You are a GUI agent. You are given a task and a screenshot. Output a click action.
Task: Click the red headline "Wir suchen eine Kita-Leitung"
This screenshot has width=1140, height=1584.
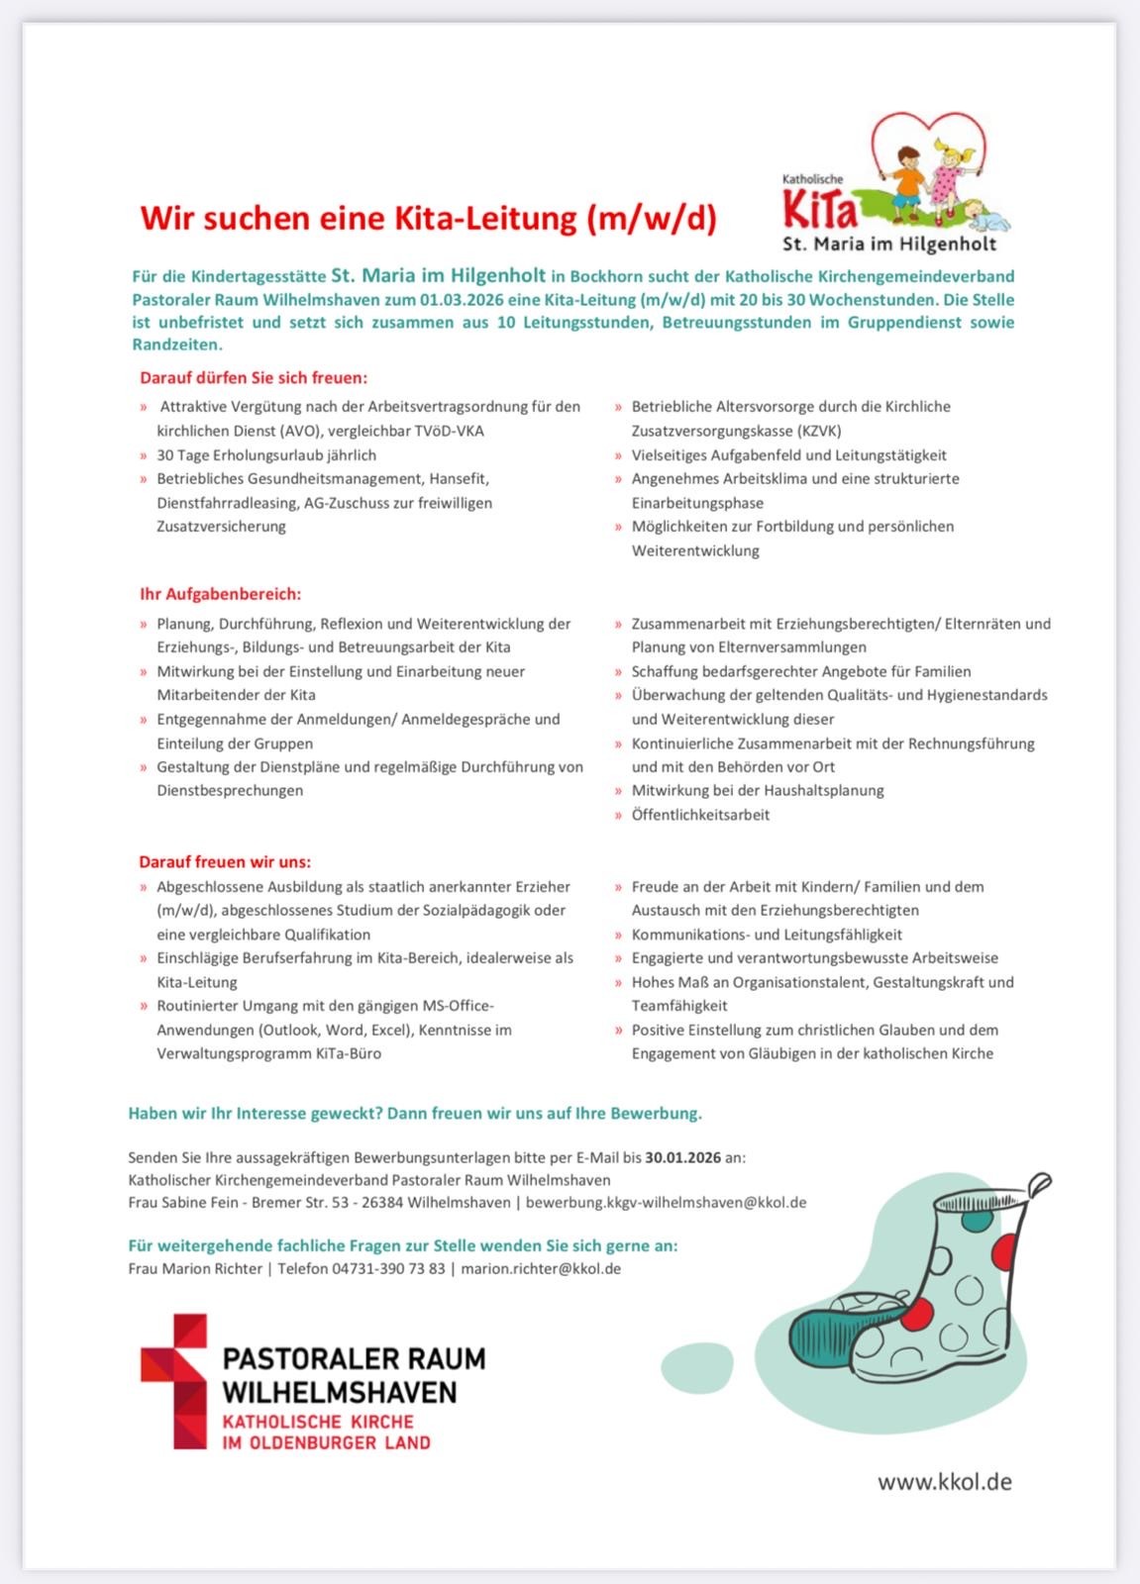pyautogui.click(x=428, y=218)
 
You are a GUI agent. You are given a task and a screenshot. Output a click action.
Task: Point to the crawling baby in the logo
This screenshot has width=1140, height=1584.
pyautogui.click(x=984, y=212)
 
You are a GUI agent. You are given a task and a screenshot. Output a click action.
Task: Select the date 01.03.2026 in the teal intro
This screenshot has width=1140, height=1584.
pyautogui.click(x=462, y=299)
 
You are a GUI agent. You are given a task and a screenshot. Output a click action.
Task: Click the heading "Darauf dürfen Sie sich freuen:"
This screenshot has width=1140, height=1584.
pyautogui.click(x=254, y=377)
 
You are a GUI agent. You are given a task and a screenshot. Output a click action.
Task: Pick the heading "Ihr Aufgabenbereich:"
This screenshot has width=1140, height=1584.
pyautogui.click(x=220, y=594)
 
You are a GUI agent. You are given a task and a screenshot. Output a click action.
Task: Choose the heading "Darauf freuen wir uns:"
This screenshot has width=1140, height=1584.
pyautogui.click(x=225, y=861)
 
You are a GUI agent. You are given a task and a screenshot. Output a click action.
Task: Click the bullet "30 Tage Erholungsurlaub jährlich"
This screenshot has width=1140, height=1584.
pyautogui.click(x=266, y=455)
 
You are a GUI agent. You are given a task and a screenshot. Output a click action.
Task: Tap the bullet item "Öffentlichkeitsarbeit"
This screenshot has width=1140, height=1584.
pyautogui.click(x=700, y=815)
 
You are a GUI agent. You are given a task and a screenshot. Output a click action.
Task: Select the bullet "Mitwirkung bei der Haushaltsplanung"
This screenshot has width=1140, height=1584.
pyautogui.click(x=758, y=790)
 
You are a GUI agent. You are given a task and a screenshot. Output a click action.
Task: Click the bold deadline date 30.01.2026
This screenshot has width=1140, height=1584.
pyautogui.click(x=682, y=1156)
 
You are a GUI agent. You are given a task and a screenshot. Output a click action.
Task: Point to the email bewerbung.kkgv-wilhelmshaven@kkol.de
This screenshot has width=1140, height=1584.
pyautogui.click(x=666, y=1202)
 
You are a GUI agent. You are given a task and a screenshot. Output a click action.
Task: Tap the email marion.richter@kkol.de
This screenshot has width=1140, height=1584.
pyautogui.click(x=541, y=1268)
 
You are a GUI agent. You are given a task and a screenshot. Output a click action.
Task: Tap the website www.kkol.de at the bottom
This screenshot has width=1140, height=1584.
pyautogui.click(x=944, y=1481)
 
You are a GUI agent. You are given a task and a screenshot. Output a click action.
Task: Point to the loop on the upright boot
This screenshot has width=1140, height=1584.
pyautogui.click(x=1039, y=1182)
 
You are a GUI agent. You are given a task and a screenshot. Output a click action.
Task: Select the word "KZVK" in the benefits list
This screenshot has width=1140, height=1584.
pyautogui.click(x=818, y=431)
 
